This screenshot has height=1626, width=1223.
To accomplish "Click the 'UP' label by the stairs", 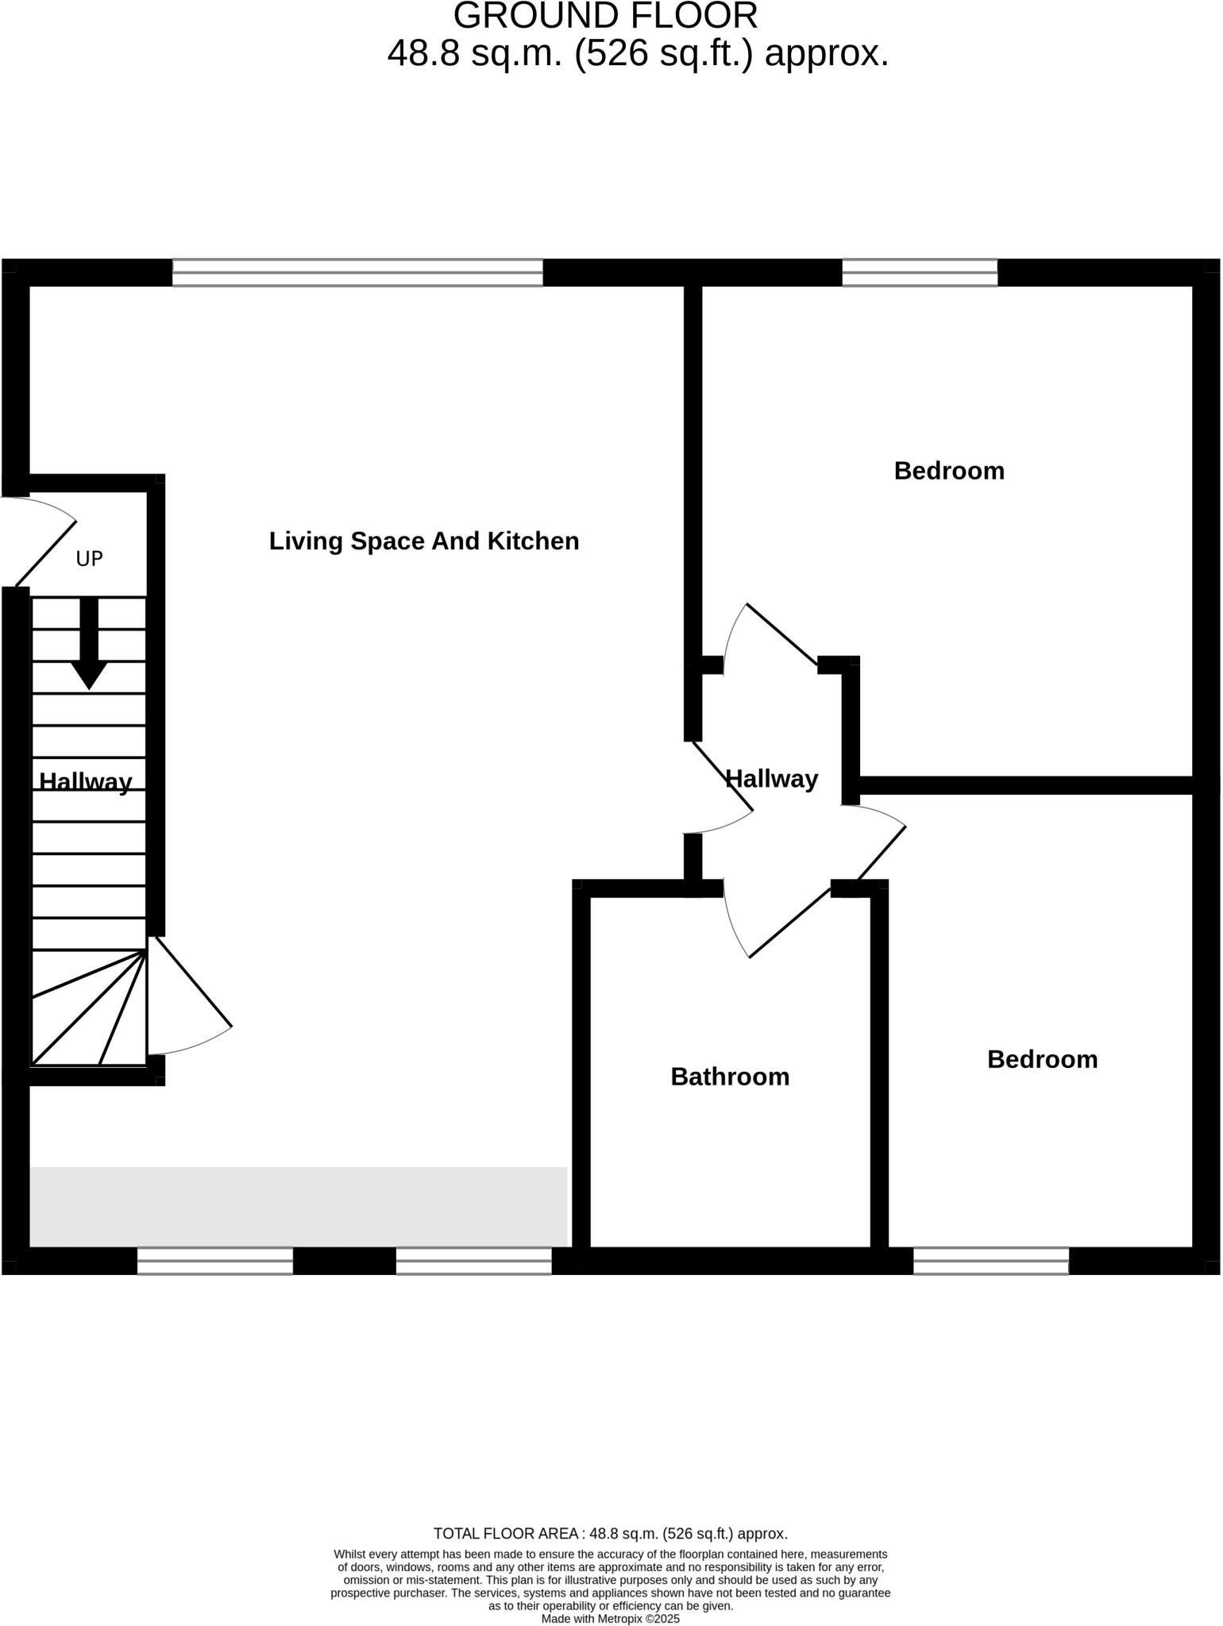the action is (89, 559).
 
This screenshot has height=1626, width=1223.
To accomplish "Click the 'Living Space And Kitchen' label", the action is (424, 541).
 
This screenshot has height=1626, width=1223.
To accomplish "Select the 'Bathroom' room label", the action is (730, 1077).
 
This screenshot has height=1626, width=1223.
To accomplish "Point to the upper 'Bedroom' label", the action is (949, 471).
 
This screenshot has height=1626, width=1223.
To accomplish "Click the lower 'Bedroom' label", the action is (1042, 1059).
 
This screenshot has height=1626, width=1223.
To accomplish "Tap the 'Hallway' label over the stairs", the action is (86, 782).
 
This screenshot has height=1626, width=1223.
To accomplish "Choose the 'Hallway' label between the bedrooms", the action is (772, 779).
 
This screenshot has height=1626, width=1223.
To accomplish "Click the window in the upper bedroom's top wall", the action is (920, 272).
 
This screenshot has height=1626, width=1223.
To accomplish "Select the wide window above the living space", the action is (357, 272).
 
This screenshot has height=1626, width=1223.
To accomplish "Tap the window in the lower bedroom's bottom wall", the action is (991, 1261).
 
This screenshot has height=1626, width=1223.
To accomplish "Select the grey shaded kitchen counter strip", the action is (299, 1207).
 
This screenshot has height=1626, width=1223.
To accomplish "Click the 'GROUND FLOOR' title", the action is (605, 17).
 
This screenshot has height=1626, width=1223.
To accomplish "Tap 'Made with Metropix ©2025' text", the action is (611, 1619).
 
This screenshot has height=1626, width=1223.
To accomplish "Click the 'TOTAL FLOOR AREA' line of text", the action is (611, 1533).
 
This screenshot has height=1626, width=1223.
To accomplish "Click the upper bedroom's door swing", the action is (770, 635).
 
